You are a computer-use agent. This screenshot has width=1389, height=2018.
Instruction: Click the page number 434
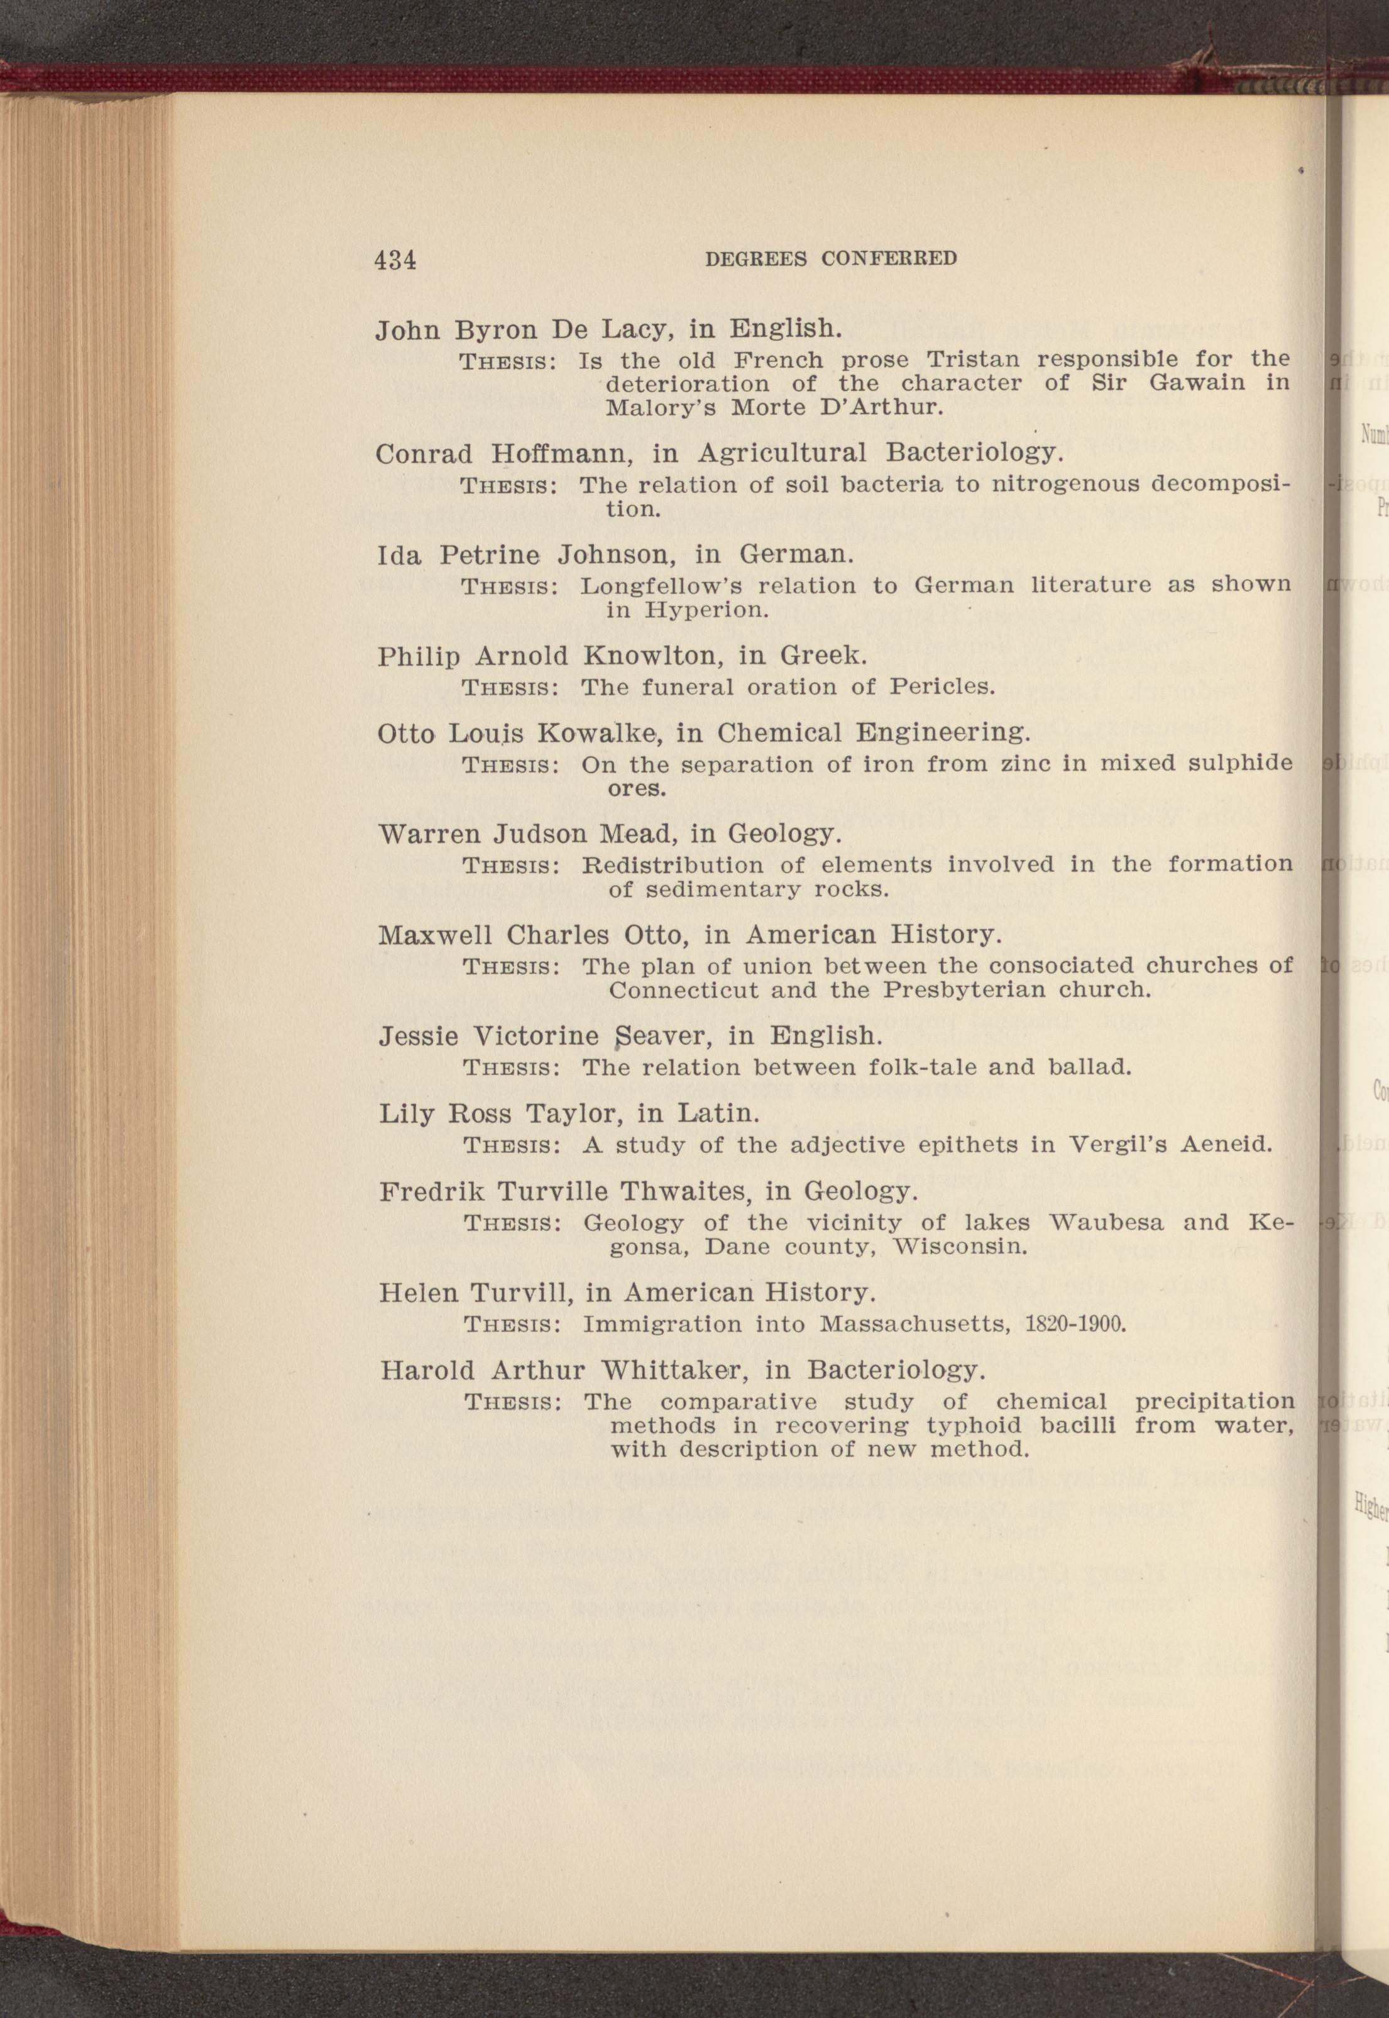pyautogui.click(x=395, y=260)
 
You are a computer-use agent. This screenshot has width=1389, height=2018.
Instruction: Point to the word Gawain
pyautogui.click(x=1197, y=383)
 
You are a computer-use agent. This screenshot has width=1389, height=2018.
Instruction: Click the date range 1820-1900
pyautogui.click(x=1077, y=1325)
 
